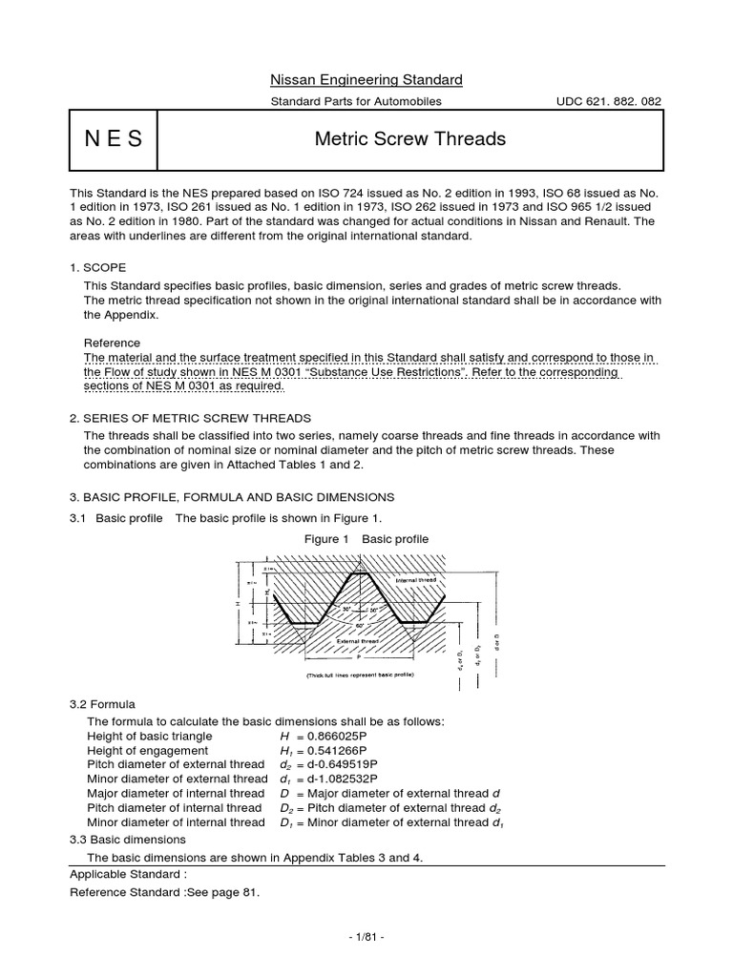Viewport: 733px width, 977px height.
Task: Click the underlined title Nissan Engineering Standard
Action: tap(366, 79)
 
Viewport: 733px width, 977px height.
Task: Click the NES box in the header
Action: tap(113, 139)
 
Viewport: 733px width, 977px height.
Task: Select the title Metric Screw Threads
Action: tap(409, 139)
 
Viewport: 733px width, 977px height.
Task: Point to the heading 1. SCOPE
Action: tap(98, 267)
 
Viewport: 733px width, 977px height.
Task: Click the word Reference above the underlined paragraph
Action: tap(112, 343)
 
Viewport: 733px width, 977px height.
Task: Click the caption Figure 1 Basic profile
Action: tap(366, 539)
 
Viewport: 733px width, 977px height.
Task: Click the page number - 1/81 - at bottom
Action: tap(366, 937)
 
